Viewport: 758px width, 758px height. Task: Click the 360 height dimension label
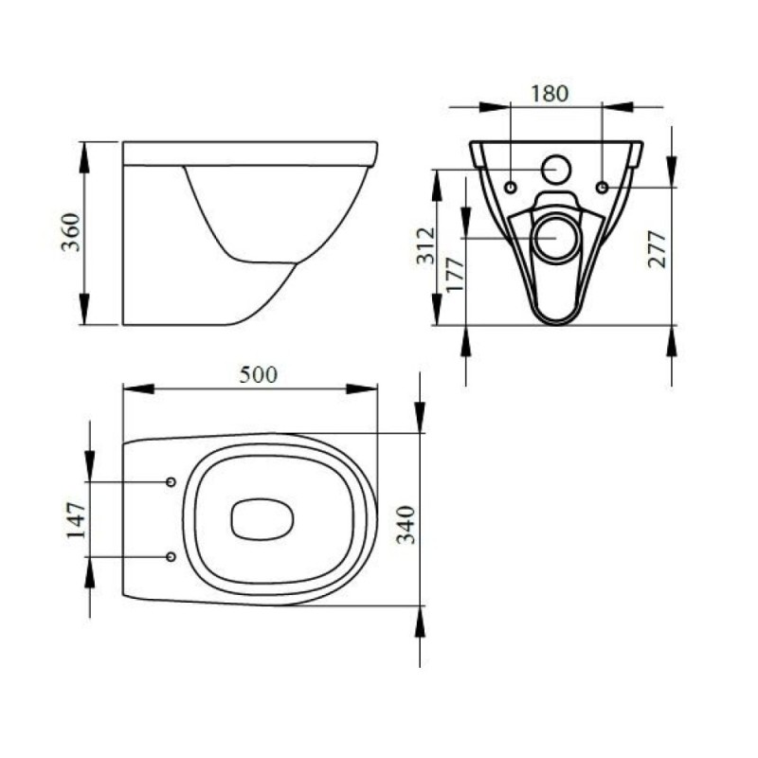tap(70, 232)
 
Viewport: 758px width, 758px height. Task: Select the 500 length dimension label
tap(259, 374)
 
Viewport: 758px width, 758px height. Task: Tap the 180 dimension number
tap(550, 94)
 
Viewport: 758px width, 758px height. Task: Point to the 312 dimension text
tap(425, 246)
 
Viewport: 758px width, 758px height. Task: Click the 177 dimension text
tap(455, 275)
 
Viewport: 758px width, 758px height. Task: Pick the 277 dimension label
tap(657, 249)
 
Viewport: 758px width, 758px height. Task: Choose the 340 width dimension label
tap(406, 525)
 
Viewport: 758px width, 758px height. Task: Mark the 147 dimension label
tap(76, 520)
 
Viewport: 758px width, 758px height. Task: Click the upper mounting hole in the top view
tap(171, 482)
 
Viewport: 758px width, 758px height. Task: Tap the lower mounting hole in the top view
tap(171, 557)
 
